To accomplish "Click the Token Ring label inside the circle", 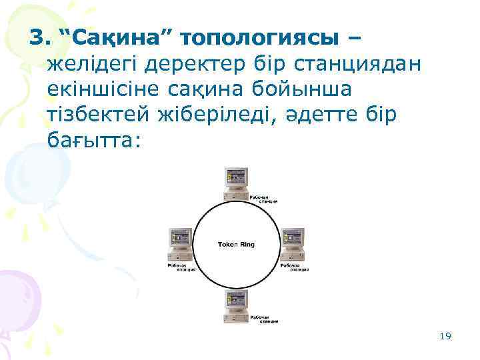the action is coord(236,245).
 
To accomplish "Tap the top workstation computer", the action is coord(236,182).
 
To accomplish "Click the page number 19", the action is coord(446,336).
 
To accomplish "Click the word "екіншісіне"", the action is coord(107,89).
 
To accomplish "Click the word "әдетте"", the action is coord(327,115).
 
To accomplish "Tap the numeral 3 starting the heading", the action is coord(37,39).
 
